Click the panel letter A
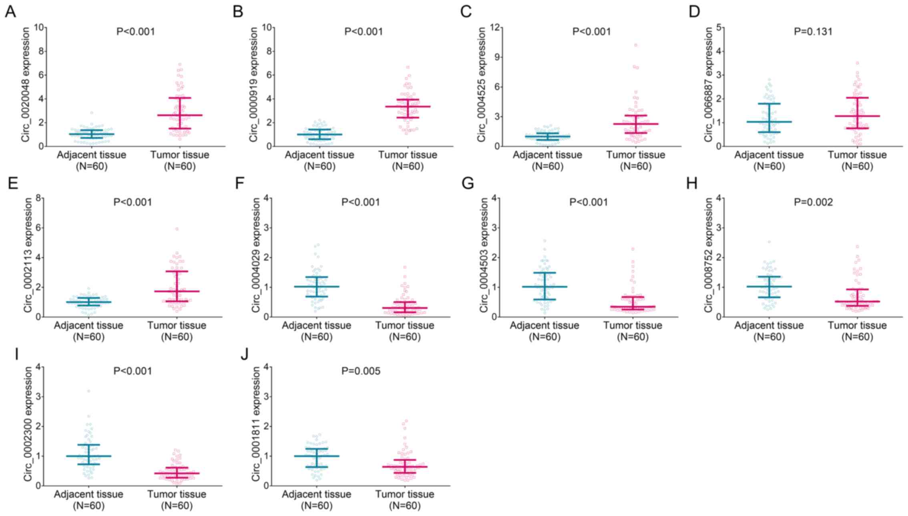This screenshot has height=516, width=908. pyautogui.click(x=10, y=12)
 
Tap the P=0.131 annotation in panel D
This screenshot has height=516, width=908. pyautogui.click(x=813, y=32)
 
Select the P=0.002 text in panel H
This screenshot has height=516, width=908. pyautogui.click(x=813, y=202)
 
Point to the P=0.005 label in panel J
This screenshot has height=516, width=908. pyautogui.click(x=361, y=371)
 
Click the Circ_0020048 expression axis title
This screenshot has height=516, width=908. pyautogui.click(x=26, y=84)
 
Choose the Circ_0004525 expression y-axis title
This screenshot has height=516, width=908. pyautogui.click(x=482, y=84)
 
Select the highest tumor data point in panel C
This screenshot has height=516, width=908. pyautogui.click(x=635, y=45)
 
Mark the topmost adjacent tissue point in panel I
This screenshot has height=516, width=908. pyautogui.click(x=89, y=391)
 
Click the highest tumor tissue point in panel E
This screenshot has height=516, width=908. pyautogui.click(x=177, y=229)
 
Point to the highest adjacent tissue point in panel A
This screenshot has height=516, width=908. pyautogui.click(x=92, y=113)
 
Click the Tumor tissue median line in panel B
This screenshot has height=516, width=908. pyautogui.click(x=408, y=106)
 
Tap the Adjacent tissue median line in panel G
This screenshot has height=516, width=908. pyautogui.click(x=544, y=287)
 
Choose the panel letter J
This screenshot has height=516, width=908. pyautogui.click(x=244, y=354)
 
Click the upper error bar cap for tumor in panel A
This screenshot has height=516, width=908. pyautogui.click(x=180, y=98)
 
